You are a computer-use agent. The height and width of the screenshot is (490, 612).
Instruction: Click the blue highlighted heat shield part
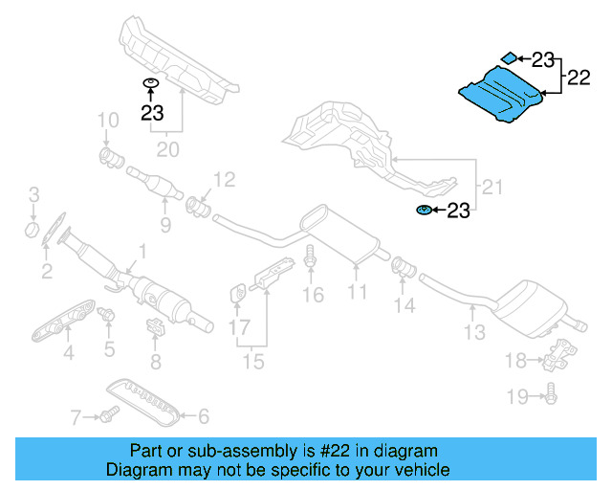click(x=503, y=94)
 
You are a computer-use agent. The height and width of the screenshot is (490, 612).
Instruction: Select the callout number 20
click(x=167, y=149)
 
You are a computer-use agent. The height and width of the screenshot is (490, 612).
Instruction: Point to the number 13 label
click(x=475, y=332)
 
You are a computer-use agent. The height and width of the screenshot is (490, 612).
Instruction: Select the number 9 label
click(x=164, y=226)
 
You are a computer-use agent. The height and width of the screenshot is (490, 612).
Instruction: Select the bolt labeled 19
click(x=552, y=391)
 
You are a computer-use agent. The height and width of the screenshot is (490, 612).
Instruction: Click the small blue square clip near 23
click(x=512, y=58)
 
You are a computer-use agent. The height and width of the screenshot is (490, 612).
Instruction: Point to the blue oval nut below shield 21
click(x=423, y=210)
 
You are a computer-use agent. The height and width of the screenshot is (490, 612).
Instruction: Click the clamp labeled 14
click(x=404, y=265)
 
